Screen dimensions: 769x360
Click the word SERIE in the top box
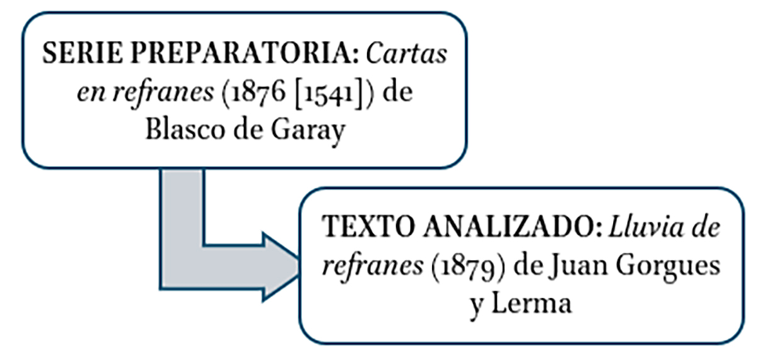(82, 53)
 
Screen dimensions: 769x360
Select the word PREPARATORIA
(244, 53)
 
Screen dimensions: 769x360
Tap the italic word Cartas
(407, 53)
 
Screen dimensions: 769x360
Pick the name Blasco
(185, 130)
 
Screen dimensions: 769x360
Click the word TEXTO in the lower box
(368, 227)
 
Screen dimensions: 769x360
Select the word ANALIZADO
(512, 227)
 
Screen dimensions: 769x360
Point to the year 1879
(468, 267)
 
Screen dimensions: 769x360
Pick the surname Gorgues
(668, 267)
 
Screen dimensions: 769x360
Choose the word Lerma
(532, 303)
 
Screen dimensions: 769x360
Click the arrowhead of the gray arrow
(280, 267)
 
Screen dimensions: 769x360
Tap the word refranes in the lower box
(373, 266)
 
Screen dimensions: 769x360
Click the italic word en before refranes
(91, 94)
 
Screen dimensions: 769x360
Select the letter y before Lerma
(477, 307)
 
